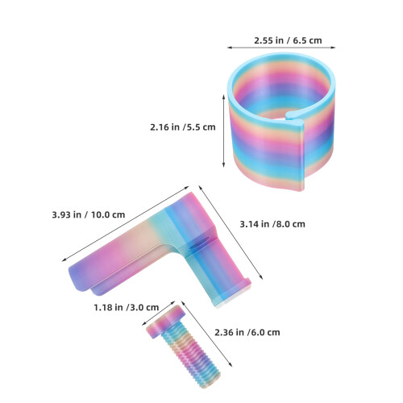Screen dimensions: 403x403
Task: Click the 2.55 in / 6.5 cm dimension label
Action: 288,40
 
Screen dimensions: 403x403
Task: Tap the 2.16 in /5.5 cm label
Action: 183,127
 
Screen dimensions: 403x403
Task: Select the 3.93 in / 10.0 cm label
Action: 89,215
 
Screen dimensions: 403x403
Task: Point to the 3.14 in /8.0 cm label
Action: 272,224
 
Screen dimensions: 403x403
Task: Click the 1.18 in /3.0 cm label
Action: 127,307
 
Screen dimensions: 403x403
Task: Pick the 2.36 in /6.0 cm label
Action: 247,333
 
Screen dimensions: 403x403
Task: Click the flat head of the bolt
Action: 165,322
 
